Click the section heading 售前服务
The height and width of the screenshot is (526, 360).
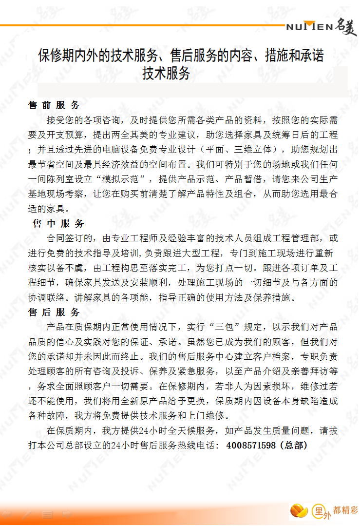click(x=54, y=105)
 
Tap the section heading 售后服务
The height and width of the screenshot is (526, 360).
click(x=54, y=312)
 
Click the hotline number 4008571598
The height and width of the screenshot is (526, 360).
click(x=251, y=445)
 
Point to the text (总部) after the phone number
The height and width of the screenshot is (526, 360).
click(x=294, y=445)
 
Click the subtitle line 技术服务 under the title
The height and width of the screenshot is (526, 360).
click(x=166, y=74)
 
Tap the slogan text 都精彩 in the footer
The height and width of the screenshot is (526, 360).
click(x=345, y=508)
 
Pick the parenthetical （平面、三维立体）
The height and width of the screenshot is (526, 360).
click(x=242, y=149)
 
